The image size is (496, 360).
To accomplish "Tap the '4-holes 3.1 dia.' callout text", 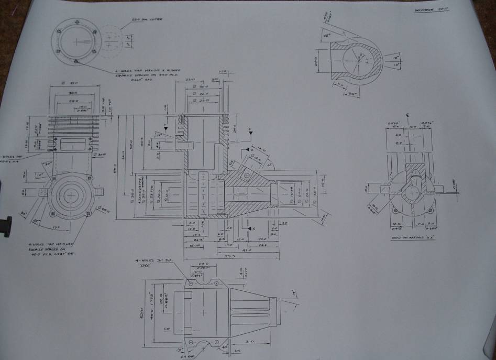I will point(155,261).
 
